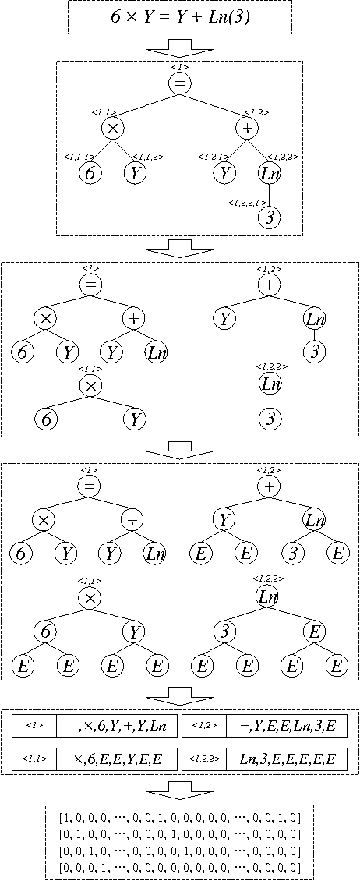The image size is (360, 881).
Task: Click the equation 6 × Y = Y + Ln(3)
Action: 179,17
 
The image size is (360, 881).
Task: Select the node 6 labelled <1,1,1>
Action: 90,173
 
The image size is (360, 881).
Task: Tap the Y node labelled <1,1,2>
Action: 135,173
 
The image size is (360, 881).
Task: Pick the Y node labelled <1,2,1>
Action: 224,173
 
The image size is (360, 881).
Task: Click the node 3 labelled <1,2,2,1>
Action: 270,218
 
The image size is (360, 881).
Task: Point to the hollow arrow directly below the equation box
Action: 179,48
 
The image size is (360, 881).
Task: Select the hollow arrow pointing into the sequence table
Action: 179,695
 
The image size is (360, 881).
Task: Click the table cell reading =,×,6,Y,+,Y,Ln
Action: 117,726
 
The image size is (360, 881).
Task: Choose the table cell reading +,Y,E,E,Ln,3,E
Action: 287,726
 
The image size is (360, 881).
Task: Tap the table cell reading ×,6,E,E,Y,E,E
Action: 117,758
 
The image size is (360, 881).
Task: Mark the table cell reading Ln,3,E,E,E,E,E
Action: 287,758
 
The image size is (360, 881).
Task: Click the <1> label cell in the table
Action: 34,726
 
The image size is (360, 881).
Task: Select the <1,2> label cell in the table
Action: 204,726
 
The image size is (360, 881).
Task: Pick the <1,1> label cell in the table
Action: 34,758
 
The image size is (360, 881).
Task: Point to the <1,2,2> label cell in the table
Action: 204,758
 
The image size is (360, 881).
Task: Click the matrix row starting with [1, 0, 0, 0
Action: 179,816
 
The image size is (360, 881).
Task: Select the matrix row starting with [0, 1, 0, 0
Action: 179,833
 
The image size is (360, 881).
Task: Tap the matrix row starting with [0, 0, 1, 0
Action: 179,851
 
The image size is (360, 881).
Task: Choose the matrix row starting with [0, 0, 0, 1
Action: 179,867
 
